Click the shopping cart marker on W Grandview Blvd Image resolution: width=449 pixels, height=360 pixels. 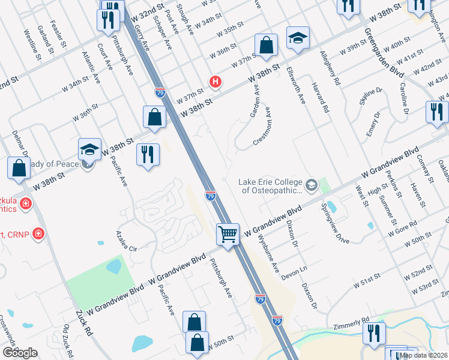pyautogui.click(x=228, y=233)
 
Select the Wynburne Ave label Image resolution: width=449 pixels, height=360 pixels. pyautogui.click(x=268, y=254)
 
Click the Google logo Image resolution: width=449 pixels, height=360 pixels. pyautogui.click(x=19, y=353)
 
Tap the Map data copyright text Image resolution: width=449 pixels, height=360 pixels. pyautogui.click(x=424, y=355)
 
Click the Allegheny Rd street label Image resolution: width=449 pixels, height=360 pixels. pyautogui.click(x=331, y=66)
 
